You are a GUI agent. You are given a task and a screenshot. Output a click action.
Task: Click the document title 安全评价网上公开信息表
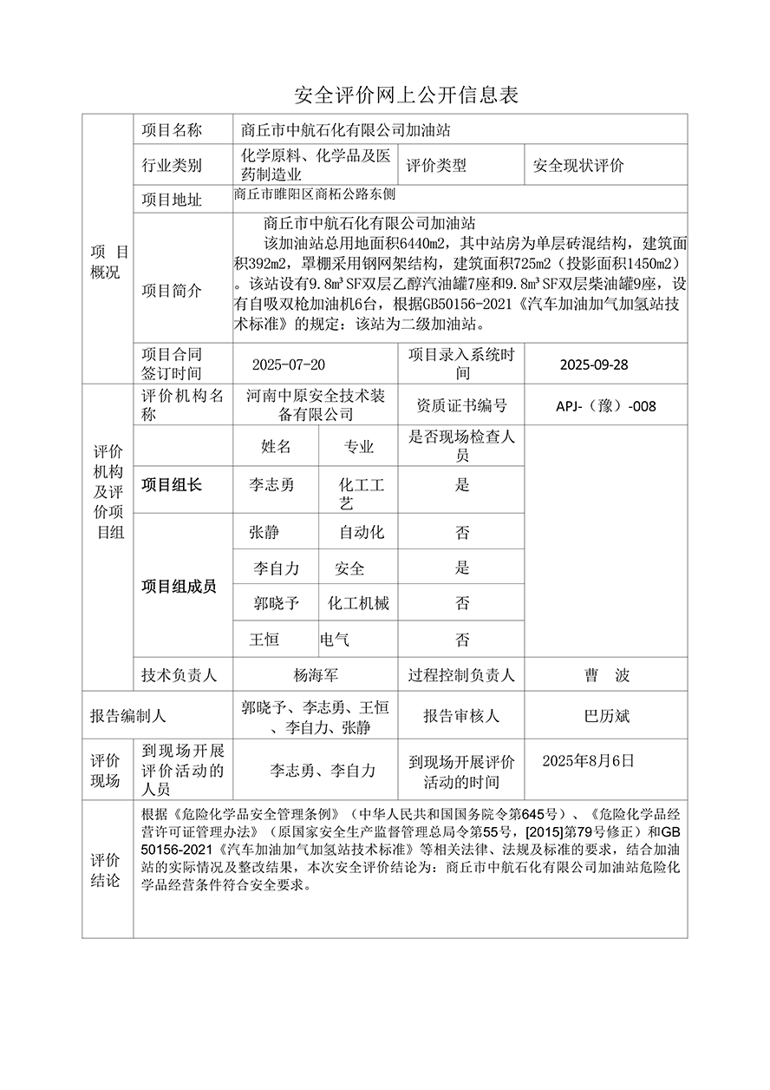click(x=407, y=95)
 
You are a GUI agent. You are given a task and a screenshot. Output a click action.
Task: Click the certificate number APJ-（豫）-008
click(x=606, y=405)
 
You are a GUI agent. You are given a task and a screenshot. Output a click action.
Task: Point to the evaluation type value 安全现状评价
click(x=577, y=165)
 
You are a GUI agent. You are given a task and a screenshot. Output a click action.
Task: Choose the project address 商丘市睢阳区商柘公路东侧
click(x=314, y=196)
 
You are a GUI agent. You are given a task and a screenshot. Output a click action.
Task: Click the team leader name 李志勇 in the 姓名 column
click(x=271, y=485)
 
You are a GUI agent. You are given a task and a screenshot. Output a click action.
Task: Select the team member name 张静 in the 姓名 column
click(x=264, y=532)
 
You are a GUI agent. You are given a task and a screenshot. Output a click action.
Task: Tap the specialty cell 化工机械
click(x=358, y=603)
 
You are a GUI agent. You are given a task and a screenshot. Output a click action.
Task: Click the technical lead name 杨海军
click(x=316, y=674)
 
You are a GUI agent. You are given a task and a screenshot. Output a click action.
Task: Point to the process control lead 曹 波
click(x=607, y=674)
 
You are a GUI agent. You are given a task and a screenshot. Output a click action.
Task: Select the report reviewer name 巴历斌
click(x=607, y=716)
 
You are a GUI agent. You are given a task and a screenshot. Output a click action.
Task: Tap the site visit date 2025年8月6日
click(x=588, y=761)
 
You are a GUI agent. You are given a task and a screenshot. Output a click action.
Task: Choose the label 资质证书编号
click(x=461, y=405)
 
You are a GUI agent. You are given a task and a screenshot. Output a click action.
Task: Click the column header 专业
click(x=359, y=447)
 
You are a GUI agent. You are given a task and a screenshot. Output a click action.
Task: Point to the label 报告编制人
click(x=127, y=716)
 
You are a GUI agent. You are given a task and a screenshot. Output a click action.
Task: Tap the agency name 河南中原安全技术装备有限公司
click(x=315, y=405)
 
